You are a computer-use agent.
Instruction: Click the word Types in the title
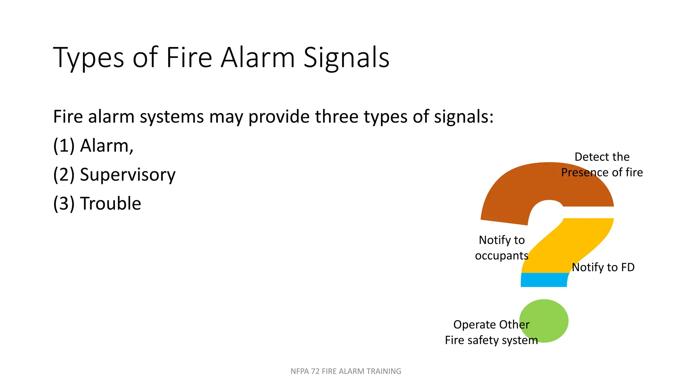click(89, 58)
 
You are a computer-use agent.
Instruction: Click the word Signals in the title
click(346, 58)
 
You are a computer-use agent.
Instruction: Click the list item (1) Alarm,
click(93, 146)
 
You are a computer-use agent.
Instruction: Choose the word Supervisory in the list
click(127, 175)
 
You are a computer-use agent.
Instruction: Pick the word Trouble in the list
click(110, 204)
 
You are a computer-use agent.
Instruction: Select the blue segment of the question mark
click(544, 280)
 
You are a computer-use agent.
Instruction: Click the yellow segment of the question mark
click(574, 243)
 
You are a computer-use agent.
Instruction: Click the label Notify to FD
click(603, 267)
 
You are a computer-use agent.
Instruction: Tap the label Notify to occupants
click(502, 248)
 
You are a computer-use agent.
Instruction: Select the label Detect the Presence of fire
click(602, 165)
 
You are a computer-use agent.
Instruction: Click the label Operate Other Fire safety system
click(491, 332)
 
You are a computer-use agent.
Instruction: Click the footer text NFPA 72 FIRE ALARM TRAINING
click(346, 371)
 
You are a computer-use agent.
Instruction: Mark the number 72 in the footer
click(315, 371)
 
